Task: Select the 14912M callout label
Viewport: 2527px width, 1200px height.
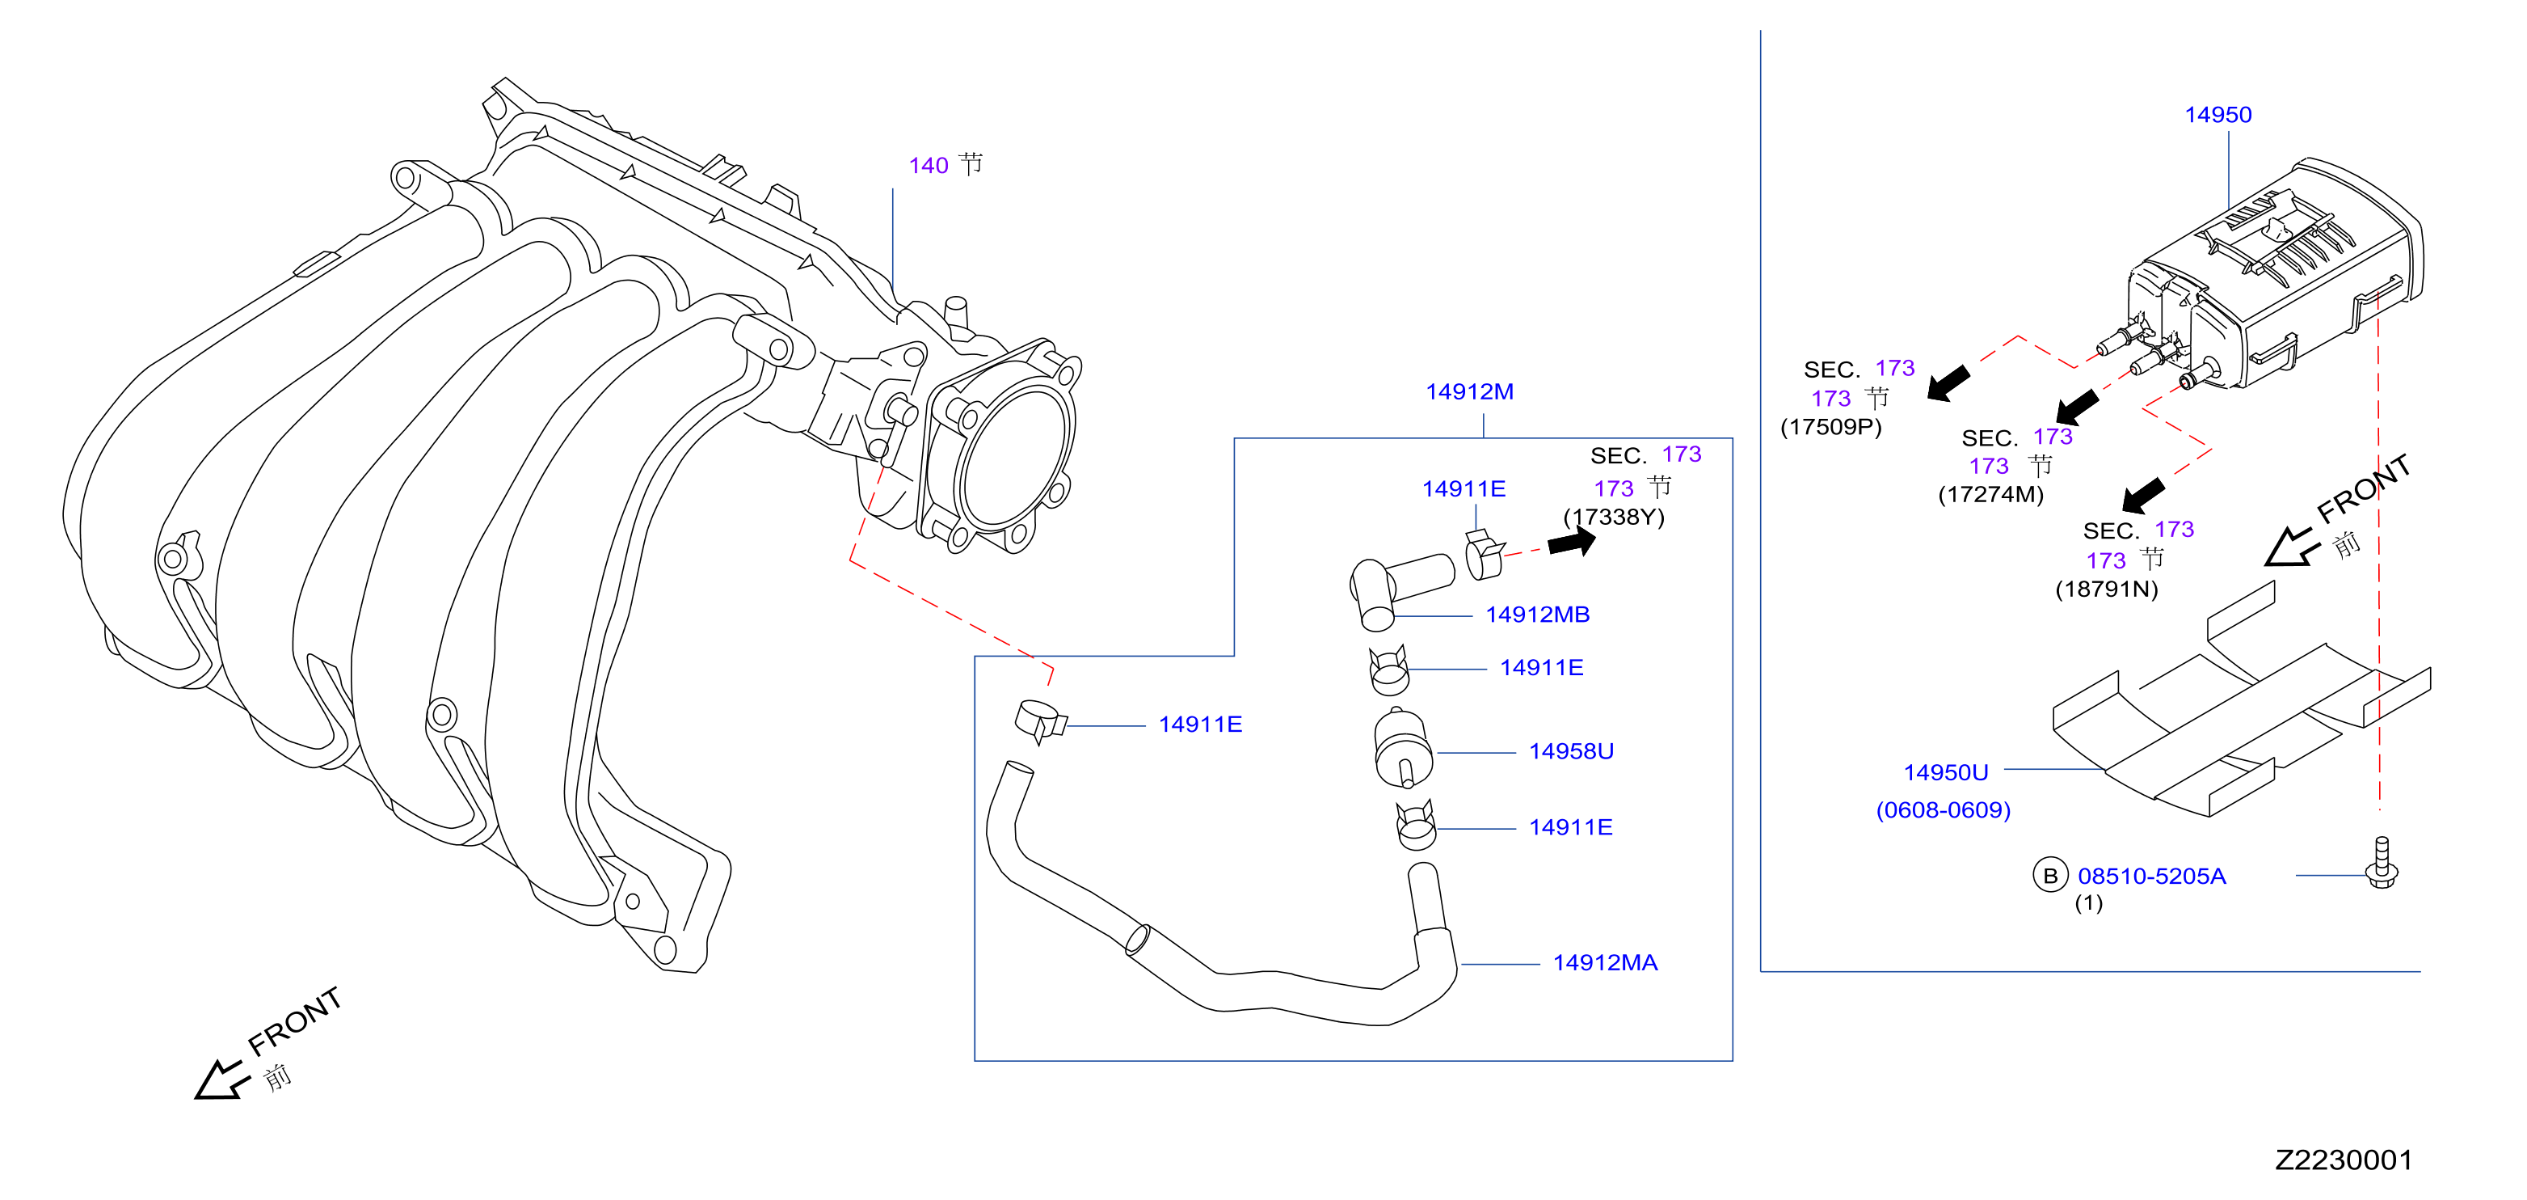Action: (1468, 391)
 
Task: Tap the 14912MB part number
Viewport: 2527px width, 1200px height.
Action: (1537, 615)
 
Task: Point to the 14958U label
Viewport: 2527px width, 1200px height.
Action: (1570, 750)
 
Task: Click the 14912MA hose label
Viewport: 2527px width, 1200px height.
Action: (1605, 962)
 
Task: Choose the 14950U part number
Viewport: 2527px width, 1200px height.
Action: (1945, 772)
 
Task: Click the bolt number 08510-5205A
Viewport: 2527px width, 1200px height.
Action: (2151, 877)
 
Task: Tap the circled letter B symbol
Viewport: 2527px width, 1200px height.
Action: (2049, 875)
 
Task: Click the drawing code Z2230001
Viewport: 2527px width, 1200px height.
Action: (2343, 1160)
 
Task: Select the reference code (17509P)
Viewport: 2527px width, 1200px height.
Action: (1830, 427)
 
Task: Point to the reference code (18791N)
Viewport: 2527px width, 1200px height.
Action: (2106, 589)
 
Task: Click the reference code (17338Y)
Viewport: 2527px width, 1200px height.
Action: (1614, 517)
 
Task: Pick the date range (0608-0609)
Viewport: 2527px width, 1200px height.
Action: (1943, 810)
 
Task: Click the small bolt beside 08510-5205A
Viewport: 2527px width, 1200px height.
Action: (2381, 863)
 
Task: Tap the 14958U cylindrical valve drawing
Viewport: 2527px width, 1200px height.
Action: (1403, 748)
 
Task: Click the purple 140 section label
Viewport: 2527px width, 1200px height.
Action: (928, 165)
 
